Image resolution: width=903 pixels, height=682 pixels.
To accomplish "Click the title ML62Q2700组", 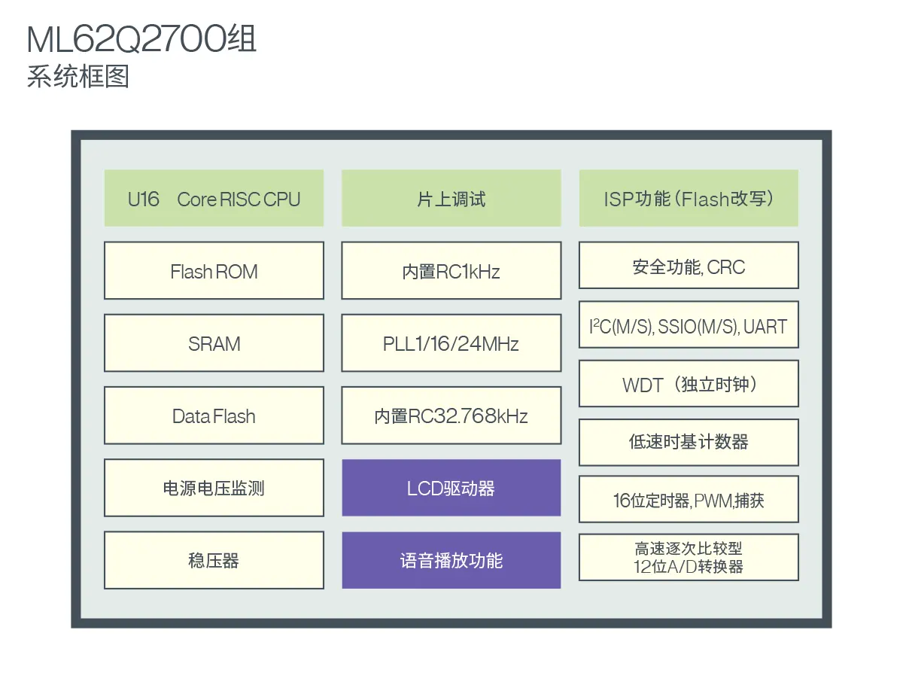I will tap(141, 39).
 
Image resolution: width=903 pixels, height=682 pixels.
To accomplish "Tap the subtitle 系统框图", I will tap(78, 77).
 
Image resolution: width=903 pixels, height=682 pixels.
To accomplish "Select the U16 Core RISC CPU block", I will tap(214, 199).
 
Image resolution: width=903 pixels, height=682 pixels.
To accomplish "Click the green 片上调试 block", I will tap(451, 199).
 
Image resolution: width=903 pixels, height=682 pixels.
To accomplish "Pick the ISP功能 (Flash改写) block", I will tap(689, 199).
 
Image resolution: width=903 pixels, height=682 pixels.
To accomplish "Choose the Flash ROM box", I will tap(214, 271).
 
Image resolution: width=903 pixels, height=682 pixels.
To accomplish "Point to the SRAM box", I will tap(214, 343).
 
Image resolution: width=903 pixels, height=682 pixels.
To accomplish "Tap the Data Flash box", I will tap(214, 416).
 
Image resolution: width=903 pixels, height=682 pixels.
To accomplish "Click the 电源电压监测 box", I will tap(214, 488).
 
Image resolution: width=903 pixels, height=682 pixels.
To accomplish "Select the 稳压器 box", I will tap(214, 560).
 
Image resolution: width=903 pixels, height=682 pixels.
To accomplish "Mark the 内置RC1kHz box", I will tap(451, 271).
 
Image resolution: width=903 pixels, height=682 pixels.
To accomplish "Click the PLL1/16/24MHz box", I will tap(451, 343).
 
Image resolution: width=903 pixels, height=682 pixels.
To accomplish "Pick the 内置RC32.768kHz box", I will tap(451, 416).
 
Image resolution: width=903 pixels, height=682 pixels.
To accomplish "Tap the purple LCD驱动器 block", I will tap(451, 488).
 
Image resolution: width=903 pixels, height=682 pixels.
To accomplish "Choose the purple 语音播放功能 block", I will tap(451, 560).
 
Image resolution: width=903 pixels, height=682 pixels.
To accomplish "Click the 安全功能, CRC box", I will tap(689, 266).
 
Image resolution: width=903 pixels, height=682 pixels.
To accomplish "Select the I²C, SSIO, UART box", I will tap(689, 325).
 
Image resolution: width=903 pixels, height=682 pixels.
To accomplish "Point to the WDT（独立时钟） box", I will tap(689, 384).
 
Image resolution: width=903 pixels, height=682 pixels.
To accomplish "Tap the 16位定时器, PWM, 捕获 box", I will tap(689, 500).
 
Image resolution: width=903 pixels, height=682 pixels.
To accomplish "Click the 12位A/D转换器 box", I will tap(689, 558).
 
